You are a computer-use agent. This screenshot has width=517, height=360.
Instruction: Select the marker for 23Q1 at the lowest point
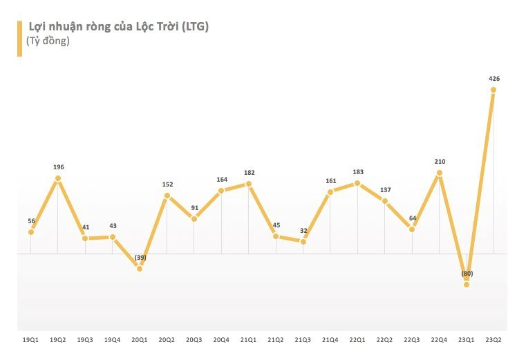(x=467, y=284)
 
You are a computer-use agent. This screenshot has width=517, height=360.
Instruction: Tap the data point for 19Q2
(x=58, y=178)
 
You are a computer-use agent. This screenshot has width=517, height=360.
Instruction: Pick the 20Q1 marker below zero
(x=140, y=268)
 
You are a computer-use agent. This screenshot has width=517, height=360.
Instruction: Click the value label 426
(x=493, y=79)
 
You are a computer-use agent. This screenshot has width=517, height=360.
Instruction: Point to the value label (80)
(x=467, y=274)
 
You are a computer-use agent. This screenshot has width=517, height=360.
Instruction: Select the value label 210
(x=439, y=162)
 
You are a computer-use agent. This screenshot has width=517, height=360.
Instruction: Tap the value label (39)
(x=140, y=258)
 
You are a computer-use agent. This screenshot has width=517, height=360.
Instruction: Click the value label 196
(x=58, y=167)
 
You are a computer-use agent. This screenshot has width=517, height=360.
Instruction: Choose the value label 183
(x=357, y=172)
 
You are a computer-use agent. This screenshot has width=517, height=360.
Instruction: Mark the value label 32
(x=303, y=230)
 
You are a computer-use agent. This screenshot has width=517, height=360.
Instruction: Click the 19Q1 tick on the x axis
(x=30, y=340)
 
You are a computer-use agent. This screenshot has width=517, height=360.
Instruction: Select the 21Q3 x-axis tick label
(x=303, y=340)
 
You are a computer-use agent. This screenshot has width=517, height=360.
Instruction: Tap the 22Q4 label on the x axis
(x=439, y=340)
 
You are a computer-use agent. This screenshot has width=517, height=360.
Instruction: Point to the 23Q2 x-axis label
(x=493, y=340)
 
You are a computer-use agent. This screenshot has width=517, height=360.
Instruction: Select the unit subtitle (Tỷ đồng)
(x=48, y=41)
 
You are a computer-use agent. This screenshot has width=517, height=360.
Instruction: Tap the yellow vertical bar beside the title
(x=19, y=39)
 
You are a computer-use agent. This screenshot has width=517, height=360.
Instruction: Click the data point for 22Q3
(x=412, y=229)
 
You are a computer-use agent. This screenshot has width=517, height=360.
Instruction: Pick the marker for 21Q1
(x=249, y=184)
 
